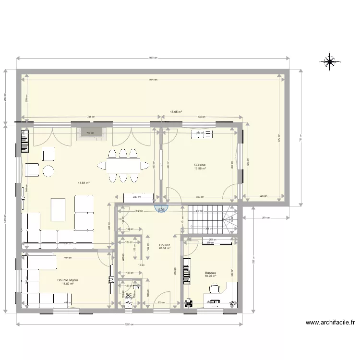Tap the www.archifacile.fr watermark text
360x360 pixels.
click(329, 323)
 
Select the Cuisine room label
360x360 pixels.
click(200, 164)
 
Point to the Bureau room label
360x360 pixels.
click(210, 272)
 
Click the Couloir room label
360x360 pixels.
click(165, 245)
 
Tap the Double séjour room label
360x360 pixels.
click(68, 280)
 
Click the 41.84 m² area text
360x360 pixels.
click(84, 182)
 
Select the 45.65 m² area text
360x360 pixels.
click(176, 112)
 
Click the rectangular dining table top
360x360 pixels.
click(123, 166)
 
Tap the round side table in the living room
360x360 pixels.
click(48, 170)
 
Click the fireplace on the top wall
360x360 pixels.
click(88, 133)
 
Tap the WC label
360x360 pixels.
click(129, 295)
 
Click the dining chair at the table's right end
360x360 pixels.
click(144, 166)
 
